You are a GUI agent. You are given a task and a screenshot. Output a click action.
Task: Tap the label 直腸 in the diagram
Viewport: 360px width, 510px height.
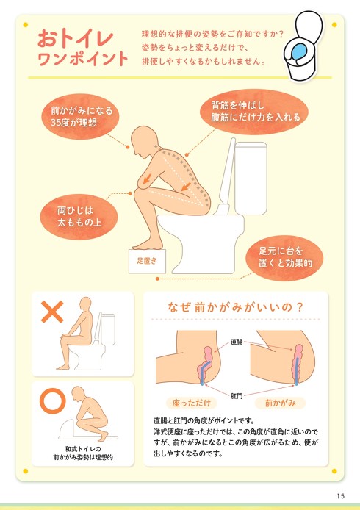click(237, 341)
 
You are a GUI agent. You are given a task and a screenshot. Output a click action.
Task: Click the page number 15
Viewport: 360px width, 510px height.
click(341, 494)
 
